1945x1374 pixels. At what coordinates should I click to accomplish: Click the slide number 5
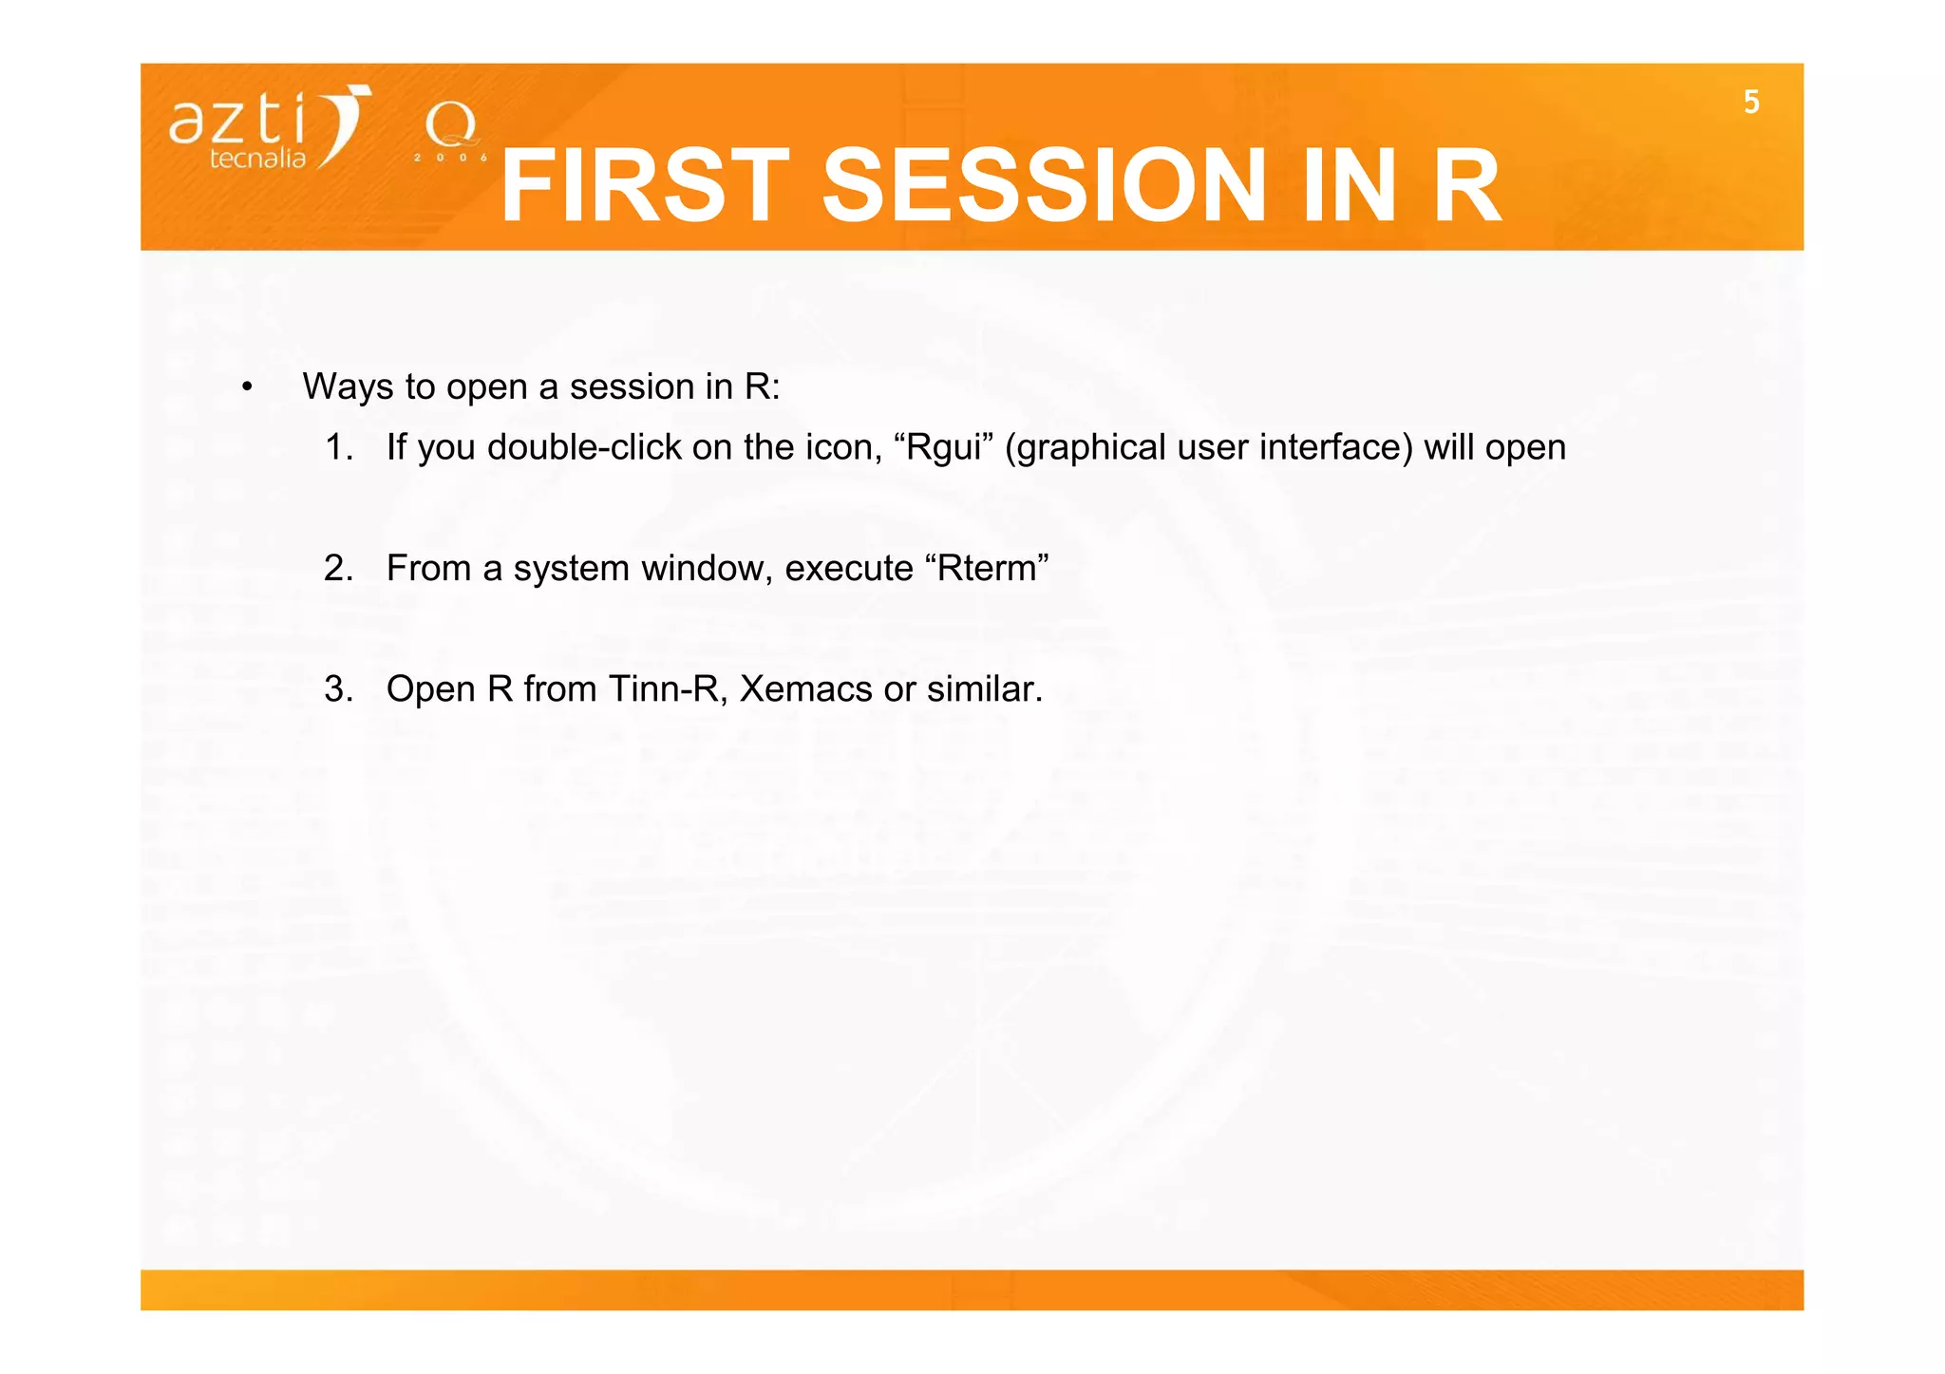pyautogui.click(x=1751, y=102)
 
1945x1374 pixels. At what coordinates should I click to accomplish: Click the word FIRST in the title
pyautogui.click(x=644, y=187)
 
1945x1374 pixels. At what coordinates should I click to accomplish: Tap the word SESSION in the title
pyautogui.click(x=1043, y=187)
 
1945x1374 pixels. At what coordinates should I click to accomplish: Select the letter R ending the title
pyautogui.click(x=1465, y=187)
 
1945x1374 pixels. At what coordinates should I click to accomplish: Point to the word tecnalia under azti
pyautogui.click(x=257, y=159)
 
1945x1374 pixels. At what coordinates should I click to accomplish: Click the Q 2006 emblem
pyautogui.click(x=451, y=133)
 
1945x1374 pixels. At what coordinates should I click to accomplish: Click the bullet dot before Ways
pyautogui.click(x=247, y=387)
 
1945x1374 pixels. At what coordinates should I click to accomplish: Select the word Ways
pyautogui.click(x=348, y=387)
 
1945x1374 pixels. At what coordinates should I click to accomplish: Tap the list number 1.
pyautogui.click(x=338, y=447)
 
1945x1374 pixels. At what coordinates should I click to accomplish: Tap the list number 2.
pyautogui.click(x=338, y=568)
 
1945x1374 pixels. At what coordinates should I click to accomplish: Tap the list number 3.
pyautogui.click(x=338, y=688)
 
